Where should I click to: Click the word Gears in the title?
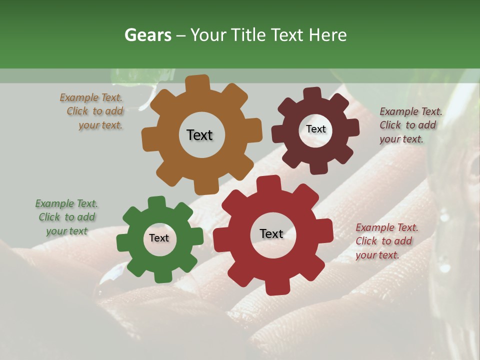[147, 35]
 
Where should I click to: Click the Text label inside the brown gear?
[199, 135]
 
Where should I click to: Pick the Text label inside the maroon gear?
[315, 129]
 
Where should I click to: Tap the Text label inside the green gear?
[159, 238]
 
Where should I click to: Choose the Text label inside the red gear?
[271, 233]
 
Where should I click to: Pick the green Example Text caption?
[66, 217]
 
